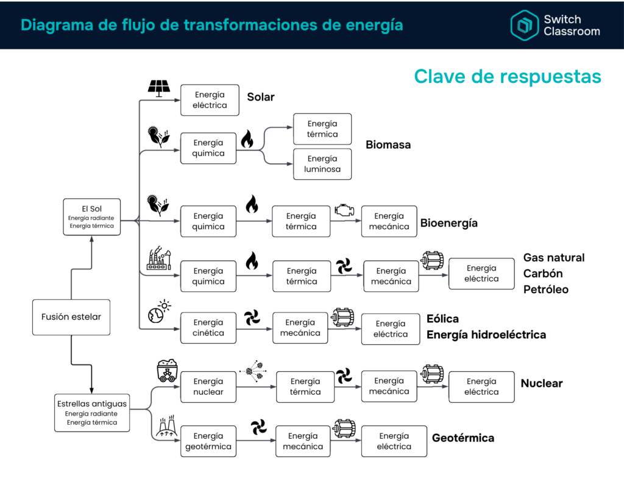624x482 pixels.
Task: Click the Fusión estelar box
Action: [x=71, y=317]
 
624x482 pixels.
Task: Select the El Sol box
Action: [x=91, y=217]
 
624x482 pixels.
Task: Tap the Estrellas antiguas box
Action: [x=92, y=413]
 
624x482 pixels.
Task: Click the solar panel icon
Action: [x=159, y=88]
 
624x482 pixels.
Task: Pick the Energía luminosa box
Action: [x=322, y=164]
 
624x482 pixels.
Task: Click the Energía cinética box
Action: [x=208, y=328]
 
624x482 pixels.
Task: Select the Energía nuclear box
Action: [x=208, y=387]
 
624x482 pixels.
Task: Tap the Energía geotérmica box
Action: [x=208, y=441]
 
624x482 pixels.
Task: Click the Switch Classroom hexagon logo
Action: [x=525, y=26]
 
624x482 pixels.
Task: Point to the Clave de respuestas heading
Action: [x=508, y=76]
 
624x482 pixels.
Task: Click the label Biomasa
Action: [x=388, y=144]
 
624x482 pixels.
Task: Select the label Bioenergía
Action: [x=449, y=223]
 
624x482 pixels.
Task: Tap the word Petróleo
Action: [x=545, y=289]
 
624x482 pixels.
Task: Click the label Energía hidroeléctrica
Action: [x=486, y=335]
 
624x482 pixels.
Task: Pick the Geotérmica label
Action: [x=463, y=438]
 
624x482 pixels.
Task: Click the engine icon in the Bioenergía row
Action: [x=344, y=210]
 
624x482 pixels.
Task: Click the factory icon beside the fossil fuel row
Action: [x=159, y=258]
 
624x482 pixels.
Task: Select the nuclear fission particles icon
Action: [x=253, y=370]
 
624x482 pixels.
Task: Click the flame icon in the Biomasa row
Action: [x=247, y=139]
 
